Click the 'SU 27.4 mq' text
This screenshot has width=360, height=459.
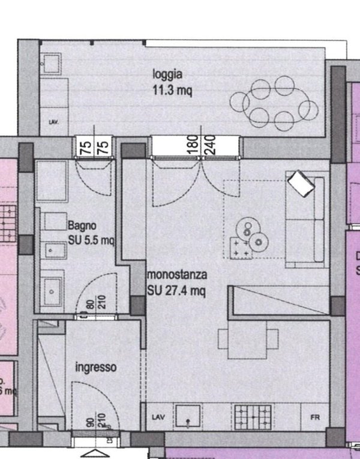coord(177,291)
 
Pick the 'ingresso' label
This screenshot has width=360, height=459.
coord(95,367)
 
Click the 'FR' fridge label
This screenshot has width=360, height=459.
coord(314,417)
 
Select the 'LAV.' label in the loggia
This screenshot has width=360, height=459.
coord(53,122)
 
